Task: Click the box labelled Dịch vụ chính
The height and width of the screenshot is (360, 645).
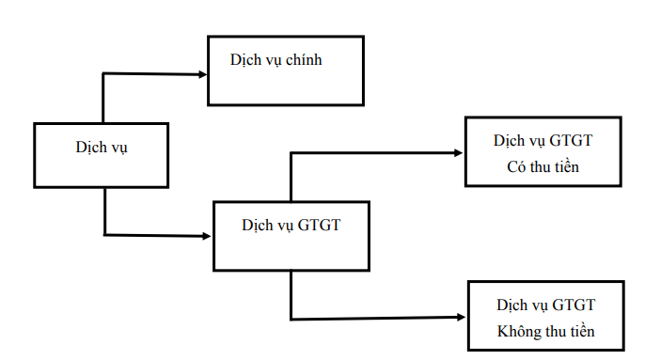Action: [284, 70]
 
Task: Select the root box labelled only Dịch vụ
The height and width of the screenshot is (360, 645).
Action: [101, 154]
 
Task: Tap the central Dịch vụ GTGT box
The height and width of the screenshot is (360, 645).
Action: [291, 236]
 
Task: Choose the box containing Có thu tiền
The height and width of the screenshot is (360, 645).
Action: [543, 153]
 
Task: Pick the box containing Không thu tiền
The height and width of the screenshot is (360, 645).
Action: [545, 317]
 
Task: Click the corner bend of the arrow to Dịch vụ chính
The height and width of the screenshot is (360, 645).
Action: [102, 74]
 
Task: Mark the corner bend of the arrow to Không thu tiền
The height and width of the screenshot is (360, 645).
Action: [291, 317]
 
